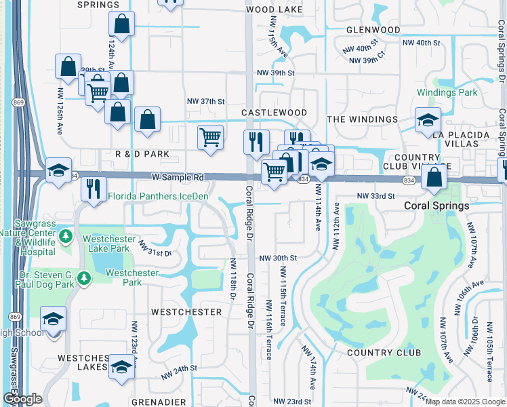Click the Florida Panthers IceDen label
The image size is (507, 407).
coord(158,197)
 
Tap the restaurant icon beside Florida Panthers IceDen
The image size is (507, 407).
coord(94,188)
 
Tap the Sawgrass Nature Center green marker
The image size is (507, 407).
coord(66,237)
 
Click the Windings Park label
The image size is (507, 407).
coord(447,92)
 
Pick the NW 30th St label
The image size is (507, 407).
coord(278,258)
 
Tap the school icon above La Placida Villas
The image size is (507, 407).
coord(428,121)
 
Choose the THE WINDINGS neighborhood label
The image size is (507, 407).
coord(363,119)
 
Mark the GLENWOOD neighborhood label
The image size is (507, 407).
coord(373,31)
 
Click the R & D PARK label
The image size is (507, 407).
coord(142,154)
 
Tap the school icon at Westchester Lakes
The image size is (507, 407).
coord(121,367)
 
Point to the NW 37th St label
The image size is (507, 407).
coord(205,101)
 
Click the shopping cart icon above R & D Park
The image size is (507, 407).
coord(210,138)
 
